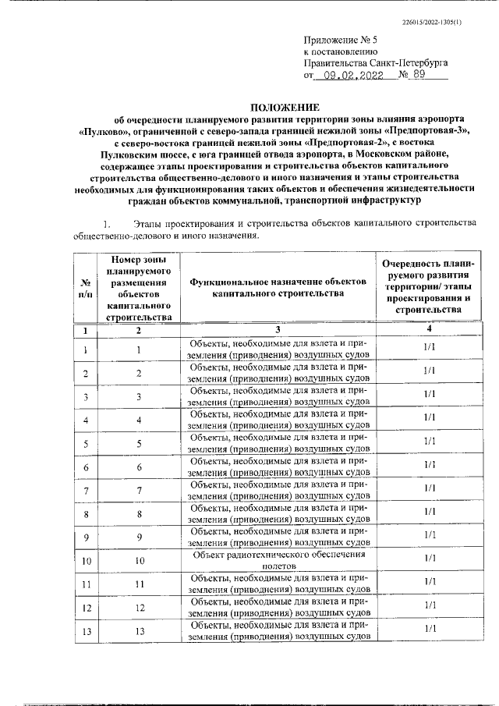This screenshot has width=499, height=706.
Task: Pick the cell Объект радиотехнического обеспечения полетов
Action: click(277, 559)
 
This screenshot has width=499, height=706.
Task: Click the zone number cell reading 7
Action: click(139, 489)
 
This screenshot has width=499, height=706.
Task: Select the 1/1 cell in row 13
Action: click(428, 628)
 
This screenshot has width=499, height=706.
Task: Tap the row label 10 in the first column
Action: click(84, 560)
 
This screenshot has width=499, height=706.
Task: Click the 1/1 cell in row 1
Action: click(428, 347)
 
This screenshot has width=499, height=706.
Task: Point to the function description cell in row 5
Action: click(277, 444)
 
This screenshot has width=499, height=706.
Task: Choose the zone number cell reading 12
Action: click(139, 607)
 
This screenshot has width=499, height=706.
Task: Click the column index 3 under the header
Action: click(277, 331)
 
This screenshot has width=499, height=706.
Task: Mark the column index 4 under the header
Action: click(428, 330)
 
